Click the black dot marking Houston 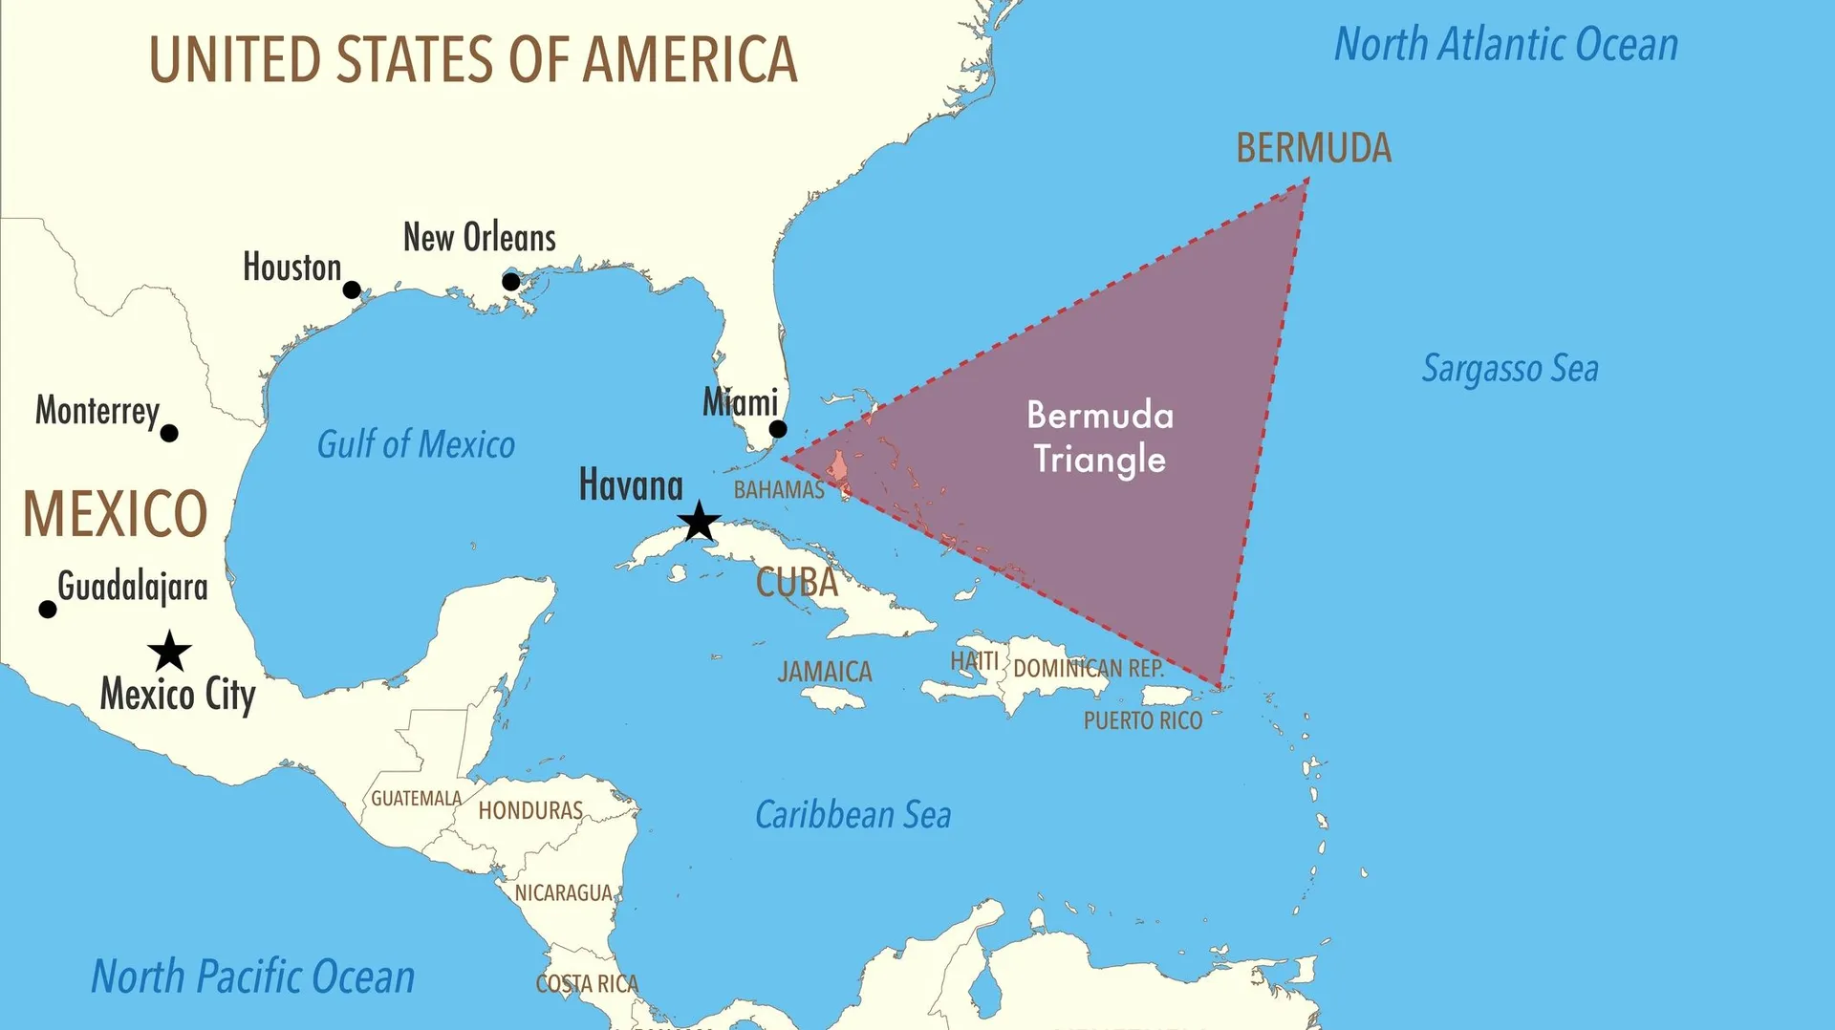[352, 290]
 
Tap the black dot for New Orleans [511, 282]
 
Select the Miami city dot [778, 430]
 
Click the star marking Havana [699, 522]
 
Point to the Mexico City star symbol [170, 652]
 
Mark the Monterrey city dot [169, 434]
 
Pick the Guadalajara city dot [47, 610]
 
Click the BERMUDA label [1313, 148]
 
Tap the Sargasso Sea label [1509, 369]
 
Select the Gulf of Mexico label [416, 444]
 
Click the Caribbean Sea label [853, 815]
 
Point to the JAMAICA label [825, 672]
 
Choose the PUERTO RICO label [1142, 720]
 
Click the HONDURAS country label [530, 810]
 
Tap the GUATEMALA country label [416, 798]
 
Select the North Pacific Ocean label [253, 976]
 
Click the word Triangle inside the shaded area [1099, 461]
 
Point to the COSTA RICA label [587, 983]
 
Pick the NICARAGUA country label [563, 892]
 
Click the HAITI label [974, 660]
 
